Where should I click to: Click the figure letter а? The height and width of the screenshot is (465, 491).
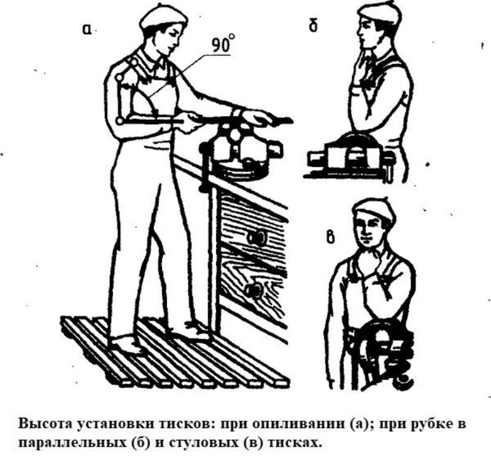(x=87, y=29)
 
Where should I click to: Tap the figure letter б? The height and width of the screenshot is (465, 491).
(x=313, y=25)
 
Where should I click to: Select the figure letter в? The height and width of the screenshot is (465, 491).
(x=330, y=237)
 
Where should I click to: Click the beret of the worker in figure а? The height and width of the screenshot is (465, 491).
(x=163, y=19)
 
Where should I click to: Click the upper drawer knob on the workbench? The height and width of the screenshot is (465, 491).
(x=256, y=238)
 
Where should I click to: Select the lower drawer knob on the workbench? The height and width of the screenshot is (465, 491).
(x=253, y=291)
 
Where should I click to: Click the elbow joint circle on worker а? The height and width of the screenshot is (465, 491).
(x=119, y=120)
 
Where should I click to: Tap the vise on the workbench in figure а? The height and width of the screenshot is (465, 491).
(x=242, y=150)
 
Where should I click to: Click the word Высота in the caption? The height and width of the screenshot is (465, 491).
(x=45, y=424)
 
